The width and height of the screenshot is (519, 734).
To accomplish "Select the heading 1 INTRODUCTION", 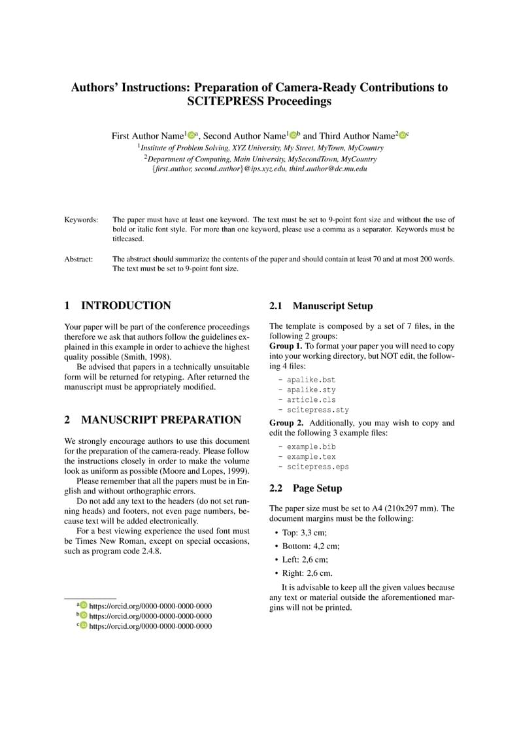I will pos(118,305).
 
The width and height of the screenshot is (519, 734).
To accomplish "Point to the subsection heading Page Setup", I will pos(317,488).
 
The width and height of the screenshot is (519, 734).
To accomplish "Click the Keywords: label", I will pos(81,220).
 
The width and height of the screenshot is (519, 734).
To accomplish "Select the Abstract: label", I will pos(78,259).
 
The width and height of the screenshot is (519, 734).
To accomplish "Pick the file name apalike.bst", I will pos(310,379).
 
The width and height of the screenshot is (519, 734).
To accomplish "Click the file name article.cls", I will pos(310,399).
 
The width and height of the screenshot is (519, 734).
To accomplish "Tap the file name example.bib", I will pos(310,446).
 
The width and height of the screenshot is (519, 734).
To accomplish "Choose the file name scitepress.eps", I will pos(317,467).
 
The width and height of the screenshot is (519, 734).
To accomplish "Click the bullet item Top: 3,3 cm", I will pos(305,533).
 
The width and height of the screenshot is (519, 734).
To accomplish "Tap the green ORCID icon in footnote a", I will pos(83,605).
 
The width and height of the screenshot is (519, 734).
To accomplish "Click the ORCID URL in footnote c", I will pos(150,626).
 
